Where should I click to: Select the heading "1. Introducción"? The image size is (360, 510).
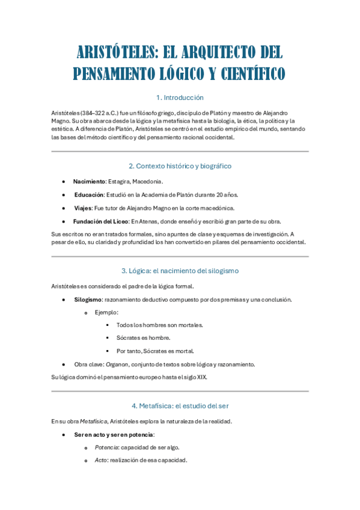click(180, 97)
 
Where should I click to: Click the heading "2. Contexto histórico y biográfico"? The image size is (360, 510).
click(180, 166)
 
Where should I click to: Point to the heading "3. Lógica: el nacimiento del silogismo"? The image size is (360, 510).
click(180, 271)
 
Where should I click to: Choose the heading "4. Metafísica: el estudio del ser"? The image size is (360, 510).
click(180, 405)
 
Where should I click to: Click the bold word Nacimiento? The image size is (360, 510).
click(89, 182)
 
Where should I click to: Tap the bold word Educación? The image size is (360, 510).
click(89, 195)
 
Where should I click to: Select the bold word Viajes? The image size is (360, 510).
click(83, 208)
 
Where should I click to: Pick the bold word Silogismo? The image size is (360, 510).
click(88, 300)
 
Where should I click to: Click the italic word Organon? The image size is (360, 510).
click(117, 364)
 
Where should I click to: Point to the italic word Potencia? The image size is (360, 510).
click(107, 447)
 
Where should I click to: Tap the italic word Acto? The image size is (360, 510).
click(100, 460)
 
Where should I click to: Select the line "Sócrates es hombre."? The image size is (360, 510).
click(144, 338)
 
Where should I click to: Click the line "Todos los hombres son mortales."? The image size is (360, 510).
click(160, 325)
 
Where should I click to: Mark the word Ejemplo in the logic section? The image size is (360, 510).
click(106, 312)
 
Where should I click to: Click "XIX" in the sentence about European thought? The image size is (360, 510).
click(201, 377)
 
